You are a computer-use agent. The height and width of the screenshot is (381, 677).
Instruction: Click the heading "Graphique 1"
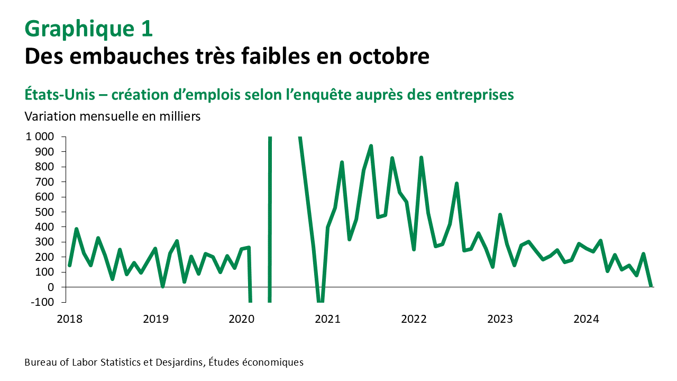89,29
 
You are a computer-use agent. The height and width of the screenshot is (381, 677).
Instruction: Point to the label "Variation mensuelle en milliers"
113,116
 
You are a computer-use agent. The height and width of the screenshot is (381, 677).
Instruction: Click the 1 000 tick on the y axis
39,137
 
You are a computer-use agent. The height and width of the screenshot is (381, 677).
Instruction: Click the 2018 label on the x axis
69,319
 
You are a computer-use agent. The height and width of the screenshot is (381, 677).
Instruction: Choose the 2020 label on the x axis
241,319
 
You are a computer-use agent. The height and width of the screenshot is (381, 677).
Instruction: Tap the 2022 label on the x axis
414,319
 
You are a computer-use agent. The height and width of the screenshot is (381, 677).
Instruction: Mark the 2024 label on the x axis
586,319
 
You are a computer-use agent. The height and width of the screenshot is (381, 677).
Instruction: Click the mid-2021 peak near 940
371,146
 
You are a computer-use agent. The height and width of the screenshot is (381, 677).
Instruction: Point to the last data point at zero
651,286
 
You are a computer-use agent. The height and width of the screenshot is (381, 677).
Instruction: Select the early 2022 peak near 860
421,158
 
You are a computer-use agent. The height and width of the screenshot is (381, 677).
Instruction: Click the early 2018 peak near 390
77,229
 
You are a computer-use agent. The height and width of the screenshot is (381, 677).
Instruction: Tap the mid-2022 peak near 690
456,183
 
